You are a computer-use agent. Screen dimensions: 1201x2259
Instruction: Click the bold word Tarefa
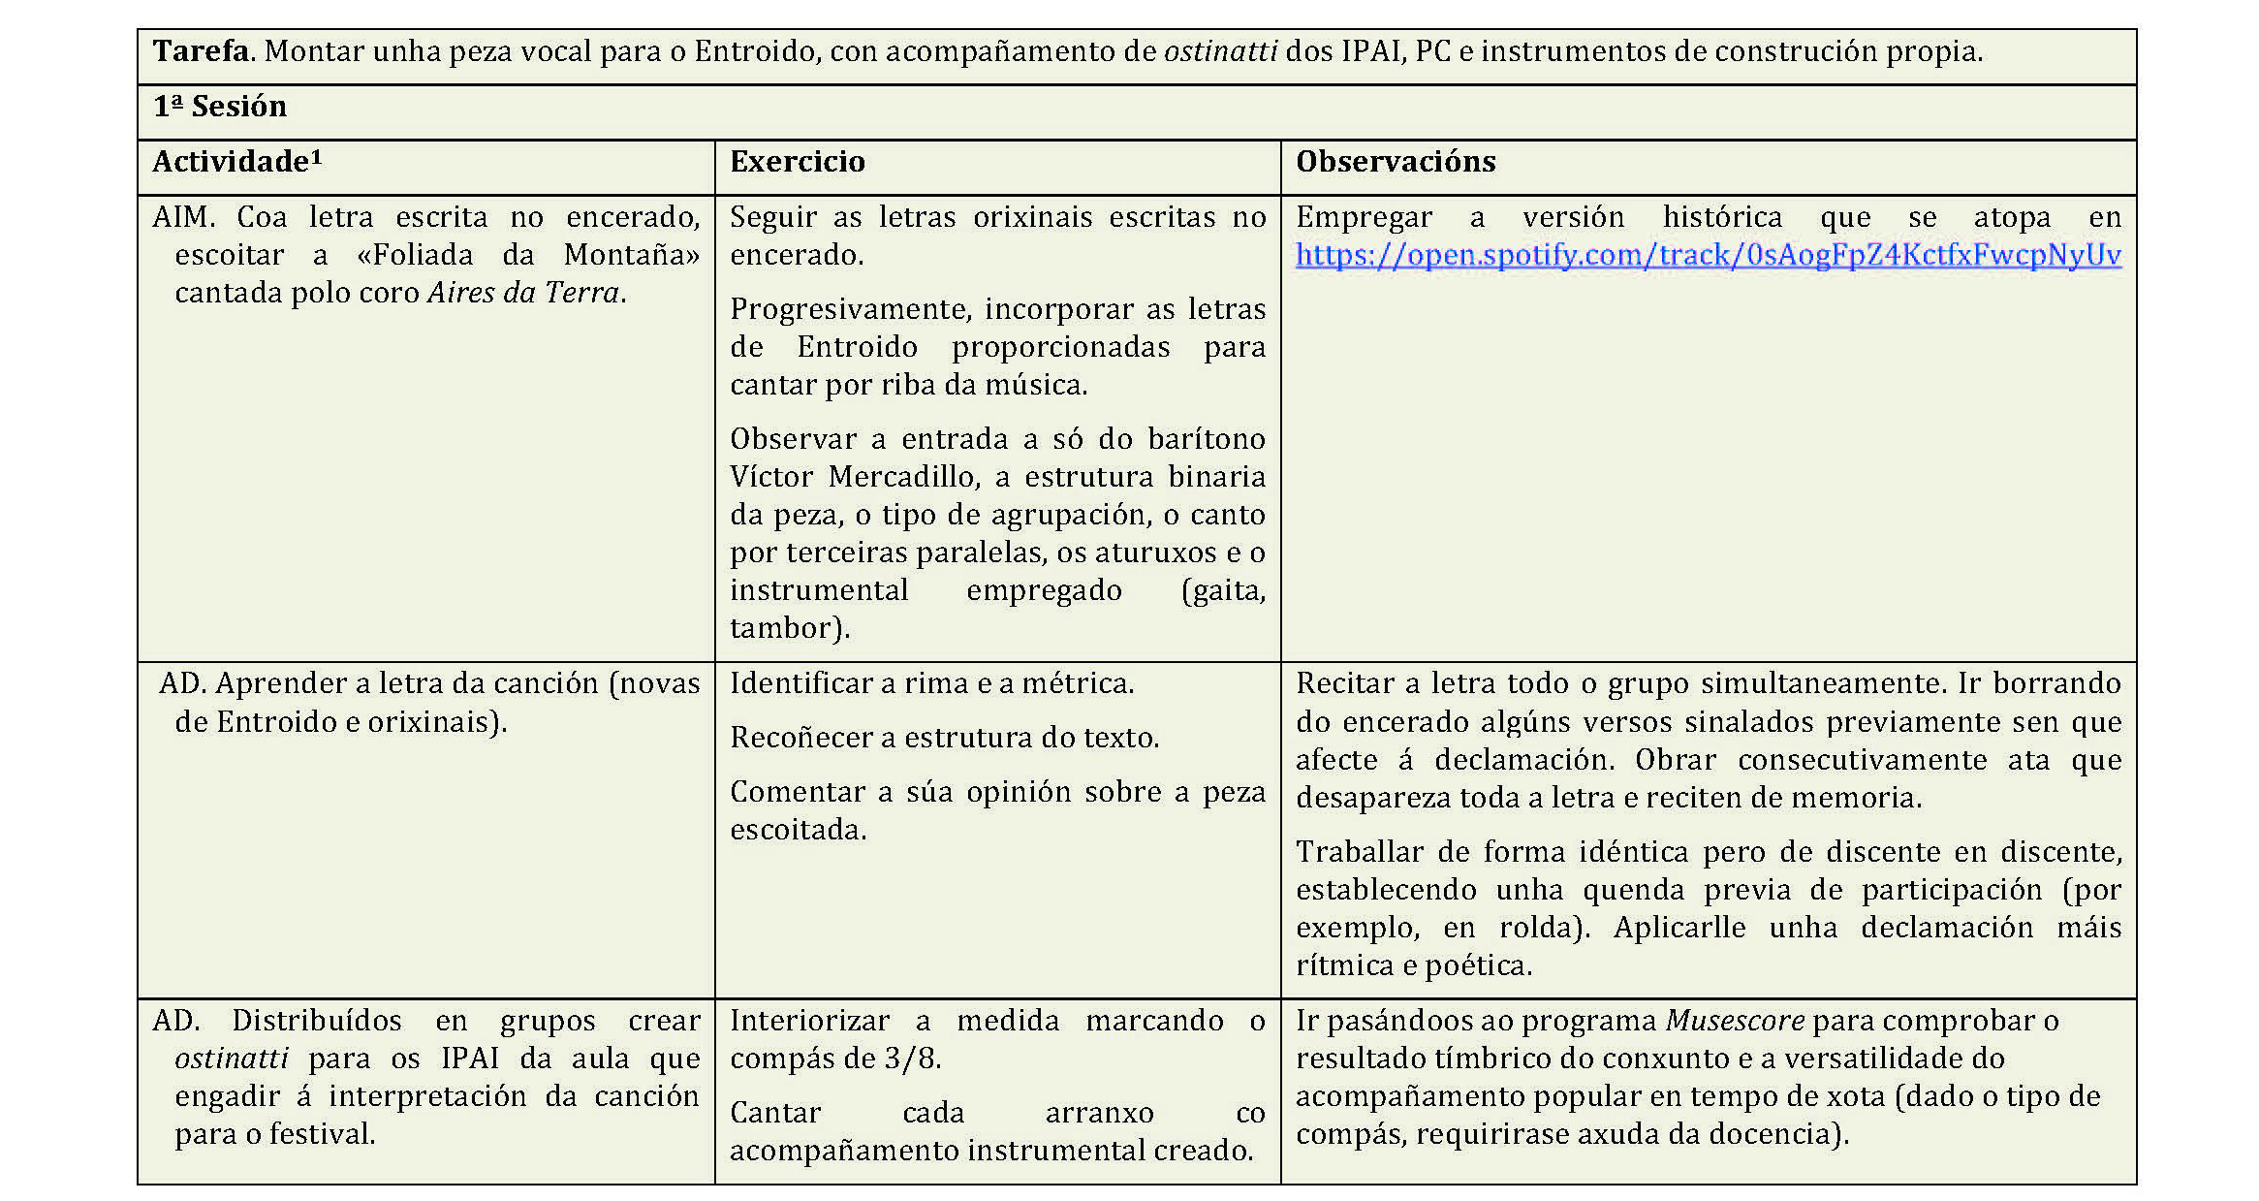click(201, 51)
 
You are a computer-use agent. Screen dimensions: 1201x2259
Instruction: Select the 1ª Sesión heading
click(220, 107)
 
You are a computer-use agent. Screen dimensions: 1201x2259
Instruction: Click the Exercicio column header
click(797, 162)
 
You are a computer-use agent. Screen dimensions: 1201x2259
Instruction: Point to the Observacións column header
click(1395, 162)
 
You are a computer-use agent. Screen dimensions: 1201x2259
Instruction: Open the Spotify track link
click(1708, 255)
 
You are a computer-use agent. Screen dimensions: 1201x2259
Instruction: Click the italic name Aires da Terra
click(523, 293)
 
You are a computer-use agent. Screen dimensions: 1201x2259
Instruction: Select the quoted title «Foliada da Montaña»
click(528, 255)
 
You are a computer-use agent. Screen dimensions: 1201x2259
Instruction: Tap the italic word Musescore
click(1735, 1021)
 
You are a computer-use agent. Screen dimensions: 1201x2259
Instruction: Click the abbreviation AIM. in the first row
click(183, 217)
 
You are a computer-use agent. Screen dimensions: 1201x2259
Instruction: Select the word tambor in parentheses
click(784, 628)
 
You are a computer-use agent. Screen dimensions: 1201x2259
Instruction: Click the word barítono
click(1207, 439)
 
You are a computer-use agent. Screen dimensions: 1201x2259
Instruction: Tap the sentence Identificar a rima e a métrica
click(931, 684)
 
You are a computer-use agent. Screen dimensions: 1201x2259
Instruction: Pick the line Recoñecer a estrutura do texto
click(944, 739)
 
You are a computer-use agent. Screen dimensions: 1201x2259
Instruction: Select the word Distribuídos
click(316, 1021)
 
